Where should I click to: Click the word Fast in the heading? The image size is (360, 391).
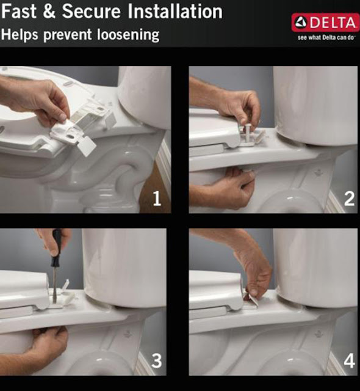point(19,11)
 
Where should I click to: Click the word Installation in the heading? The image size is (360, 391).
point(175,11)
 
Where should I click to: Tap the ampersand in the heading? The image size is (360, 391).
point(49,12)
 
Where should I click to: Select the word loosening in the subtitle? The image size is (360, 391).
point(128,34)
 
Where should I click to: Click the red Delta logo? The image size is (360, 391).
point(326,23)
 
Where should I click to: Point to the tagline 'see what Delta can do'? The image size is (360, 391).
point(326,37)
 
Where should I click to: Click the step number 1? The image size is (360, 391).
point(157,199)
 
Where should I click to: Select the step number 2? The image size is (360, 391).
point(349,199)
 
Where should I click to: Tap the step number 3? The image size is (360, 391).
point(157,360)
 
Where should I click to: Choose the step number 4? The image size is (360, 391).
point(349,361)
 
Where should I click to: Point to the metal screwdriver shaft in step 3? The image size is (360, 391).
point(54,285)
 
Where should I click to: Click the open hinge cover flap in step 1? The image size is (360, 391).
point(85,146)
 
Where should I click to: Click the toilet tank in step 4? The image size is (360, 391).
point(316,267)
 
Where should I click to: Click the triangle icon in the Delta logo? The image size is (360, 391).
point(301,23)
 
